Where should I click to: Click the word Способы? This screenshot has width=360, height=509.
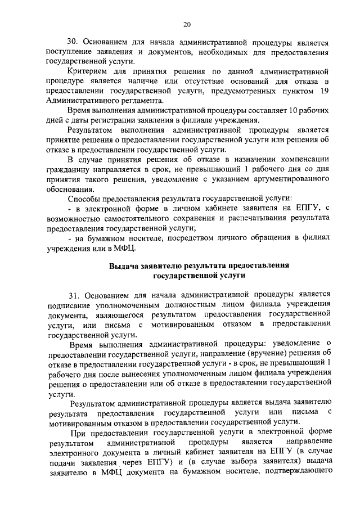(85, 199)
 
